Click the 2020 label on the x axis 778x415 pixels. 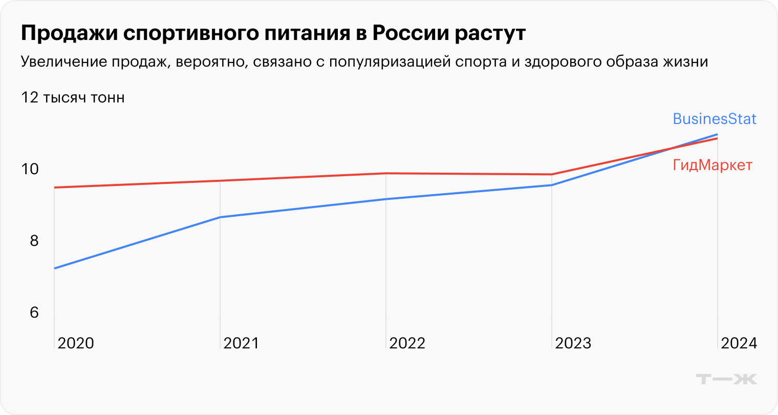76,343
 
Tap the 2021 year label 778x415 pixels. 241,343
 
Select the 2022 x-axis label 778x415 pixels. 407,343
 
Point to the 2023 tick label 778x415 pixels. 573,343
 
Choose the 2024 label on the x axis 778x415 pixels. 739,343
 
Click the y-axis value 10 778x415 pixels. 30,169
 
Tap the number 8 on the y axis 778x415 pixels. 34,240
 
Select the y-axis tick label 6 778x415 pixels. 34,312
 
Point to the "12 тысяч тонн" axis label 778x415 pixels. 73,97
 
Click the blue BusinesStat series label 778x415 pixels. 714,119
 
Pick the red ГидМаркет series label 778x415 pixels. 712,165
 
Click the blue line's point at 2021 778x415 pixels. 220,217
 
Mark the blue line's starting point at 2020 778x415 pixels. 55,268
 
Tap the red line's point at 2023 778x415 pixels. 551,174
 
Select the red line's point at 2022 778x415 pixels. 386,173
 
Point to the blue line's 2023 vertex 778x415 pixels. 551,185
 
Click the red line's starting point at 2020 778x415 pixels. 55,188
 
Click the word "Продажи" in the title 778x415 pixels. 68,34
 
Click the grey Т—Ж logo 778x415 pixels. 726,379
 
